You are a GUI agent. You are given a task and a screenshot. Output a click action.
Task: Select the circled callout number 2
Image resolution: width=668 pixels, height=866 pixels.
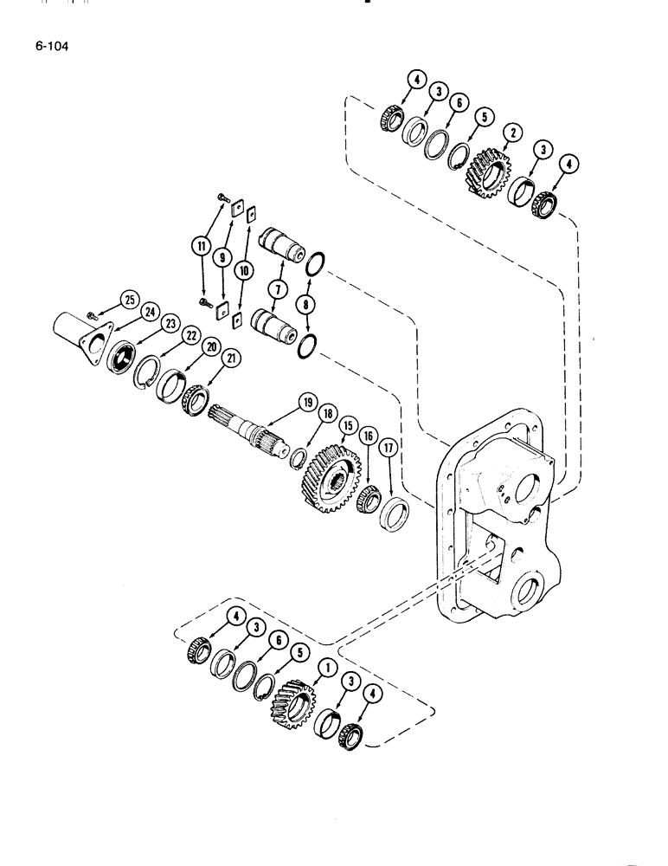pos(512,132)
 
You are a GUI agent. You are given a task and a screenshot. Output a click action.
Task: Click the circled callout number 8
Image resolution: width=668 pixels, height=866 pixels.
pos(305,302)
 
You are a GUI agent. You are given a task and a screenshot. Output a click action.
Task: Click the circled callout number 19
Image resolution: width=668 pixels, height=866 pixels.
pos(306,401)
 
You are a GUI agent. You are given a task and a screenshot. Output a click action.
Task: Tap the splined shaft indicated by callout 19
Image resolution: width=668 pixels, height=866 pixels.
pos(251,430)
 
